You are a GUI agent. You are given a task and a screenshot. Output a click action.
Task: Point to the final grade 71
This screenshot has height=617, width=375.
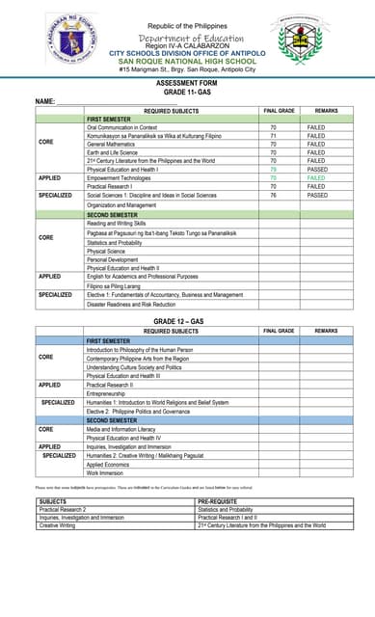pos(273,137)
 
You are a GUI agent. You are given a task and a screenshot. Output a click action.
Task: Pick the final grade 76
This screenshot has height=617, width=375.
pos(273,195)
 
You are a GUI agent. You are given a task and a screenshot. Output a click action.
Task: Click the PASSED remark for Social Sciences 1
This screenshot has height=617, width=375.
pos(317,195)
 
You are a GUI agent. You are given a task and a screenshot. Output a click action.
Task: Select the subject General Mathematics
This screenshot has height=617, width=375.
pos(113,145)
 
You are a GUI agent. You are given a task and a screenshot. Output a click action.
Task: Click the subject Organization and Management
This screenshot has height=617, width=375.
pos(121,204)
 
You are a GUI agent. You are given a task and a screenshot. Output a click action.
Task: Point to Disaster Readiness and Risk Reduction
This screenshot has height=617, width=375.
pos(131,304)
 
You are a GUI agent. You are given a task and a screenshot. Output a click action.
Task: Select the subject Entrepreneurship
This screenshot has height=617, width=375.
pos(108,393)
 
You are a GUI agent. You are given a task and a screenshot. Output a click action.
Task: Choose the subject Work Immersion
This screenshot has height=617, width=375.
pos(105,473)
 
